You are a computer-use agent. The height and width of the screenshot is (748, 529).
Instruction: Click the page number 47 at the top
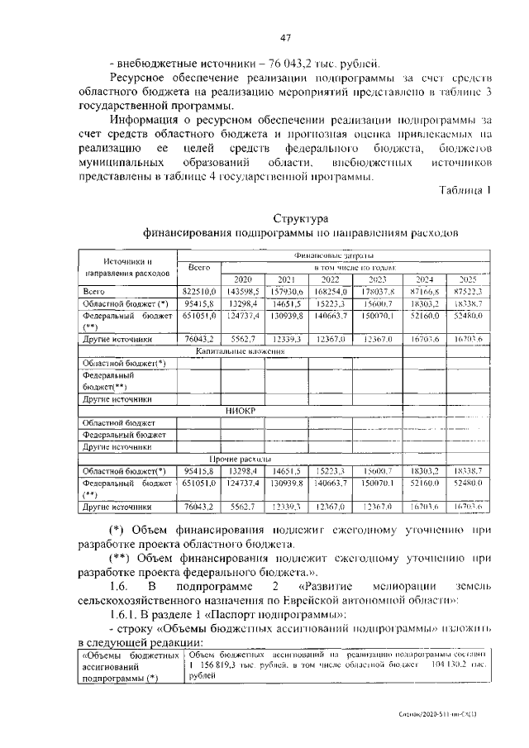(x=286, y=37)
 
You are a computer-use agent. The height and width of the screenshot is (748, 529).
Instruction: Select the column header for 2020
(x=243, y=279)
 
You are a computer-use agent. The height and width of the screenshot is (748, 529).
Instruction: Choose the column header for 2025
(x=469, y=279)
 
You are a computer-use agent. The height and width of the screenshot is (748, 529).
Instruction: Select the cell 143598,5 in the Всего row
(x=243, y=292)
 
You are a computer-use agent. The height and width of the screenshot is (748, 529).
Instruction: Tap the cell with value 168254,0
(x=332, y=292)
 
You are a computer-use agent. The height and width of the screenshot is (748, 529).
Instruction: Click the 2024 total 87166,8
(x=425, y=292)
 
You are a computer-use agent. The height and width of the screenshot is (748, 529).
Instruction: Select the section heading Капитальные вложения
(x=241, y=351)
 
